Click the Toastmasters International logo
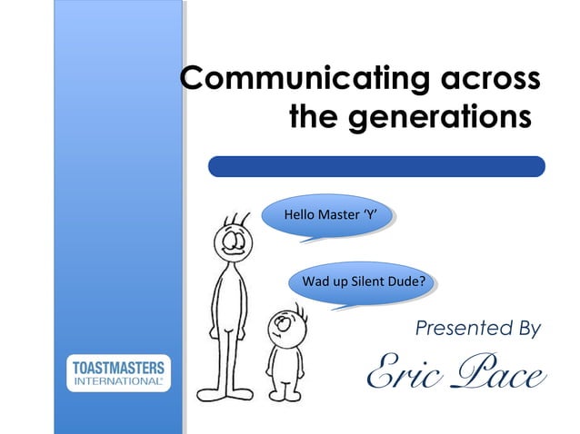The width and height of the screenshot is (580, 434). (116, 373)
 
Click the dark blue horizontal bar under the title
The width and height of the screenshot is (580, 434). (376, 166)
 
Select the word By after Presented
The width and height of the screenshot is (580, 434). (526, 327)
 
